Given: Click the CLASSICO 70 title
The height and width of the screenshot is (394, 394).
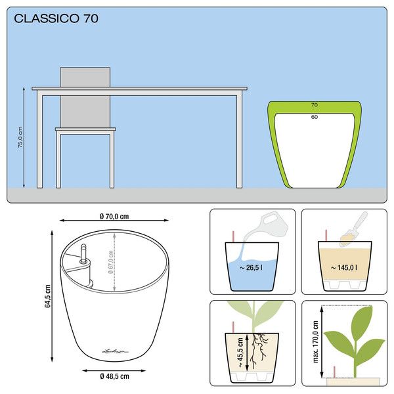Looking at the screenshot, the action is tap(56, 18).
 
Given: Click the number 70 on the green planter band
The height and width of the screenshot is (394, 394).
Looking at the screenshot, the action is tap(315, 105).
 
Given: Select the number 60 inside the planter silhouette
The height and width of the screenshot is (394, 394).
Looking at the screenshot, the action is tap(315, 117).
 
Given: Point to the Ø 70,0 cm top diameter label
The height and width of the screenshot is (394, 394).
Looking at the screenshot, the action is tap(114, 216).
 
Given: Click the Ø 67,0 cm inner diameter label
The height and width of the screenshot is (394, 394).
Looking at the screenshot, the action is tap(110, 262).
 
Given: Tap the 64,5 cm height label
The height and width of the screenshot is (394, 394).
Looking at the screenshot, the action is tap(47, 296).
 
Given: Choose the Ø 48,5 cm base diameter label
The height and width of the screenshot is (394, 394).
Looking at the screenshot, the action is tap(114, 376).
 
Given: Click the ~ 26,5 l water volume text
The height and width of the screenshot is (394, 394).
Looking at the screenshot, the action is tap(251, 268).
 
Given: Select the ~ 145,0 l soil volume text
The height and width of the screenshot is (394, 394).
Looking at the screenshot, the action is tap(343, 268).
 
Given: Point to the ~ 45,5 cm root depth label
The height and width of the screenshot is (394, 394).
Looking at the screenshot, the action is tap(240, 352).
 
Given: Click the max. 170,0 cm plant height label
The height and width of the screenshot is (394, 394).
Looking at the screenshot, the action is tap(316, 341).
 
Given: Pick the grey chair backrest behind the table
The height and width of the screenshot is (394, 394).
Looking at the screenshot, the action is tap(85, 97).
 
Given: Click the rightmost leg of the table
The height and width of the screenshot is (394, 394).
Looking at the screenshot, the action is tap(240, 141).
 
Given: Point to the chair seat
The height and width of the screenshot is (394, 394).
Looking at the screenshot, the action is tap(85, 129).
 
